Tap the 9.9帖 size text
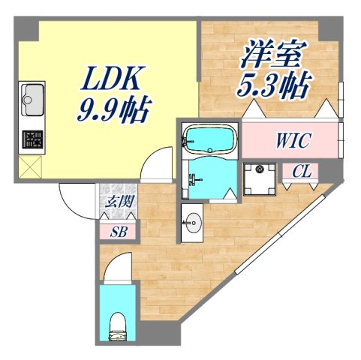[x=113, y=112]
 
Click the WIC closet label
[x=290, y=140]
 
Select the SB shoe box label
[x=119, y=231]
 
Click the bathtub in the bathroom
[x=209, y=139]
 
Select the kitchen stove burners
[x=32, y=139]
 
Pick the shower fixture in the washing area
[x=194, y=178]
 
